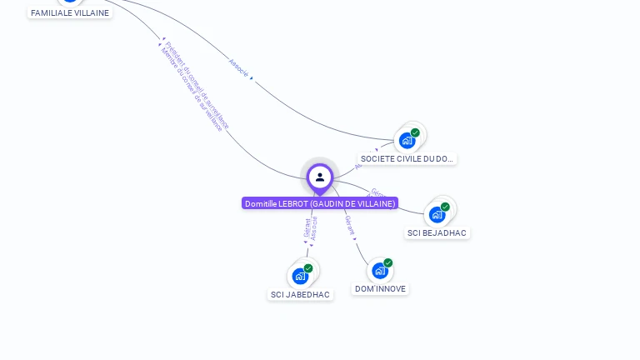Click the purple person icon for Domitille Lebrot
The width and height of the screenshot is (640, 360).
coord(320,177)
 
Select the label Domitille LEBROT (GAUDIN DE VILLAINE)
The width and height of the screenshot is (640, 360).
coord(320,203)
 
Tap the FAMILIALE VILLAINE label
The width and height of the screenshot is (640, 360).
coord(70,12)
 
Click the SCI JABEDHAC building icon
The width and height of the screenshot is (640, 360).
coord(300,276)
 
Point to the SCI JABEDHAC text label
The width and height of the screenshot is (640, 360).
coord(300,294)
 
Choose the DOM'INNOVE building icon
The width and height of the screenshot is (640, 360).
coord(380,271)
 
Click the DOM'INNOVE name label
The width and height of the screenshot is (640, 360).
coord(380,289)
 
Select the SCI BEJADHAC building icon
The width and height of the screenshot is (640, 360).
coord(437,215)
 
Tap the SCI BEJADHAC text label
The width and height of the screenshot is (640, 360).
coord(437,233)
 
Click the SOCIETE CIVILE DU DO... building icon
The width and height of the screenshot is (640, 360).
coord(407,140)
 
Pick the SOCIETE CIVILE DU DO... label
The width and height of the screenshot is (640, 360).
coord(407,158)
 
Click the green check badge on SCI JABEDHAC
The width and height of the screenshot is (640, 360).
coord(308,268)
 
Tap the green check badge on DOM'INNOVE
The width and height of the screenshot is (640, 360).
coord(388,263)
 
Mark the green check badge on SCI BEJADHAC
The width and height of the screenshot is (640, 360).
coord(445,207)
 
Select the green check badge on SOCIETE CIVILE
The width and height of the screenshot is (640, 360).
coord(415,132)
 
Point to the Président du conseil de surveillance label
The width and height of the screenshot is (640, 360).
coord(198,83)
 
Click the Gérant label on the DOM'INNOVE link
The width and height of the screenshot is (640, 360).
coord(350,225)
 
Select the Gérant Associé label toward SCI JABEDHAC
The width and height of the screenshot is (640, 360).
coord(311,229)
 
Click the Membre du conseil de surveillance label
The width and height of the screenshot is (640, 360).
coord(192,90)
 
